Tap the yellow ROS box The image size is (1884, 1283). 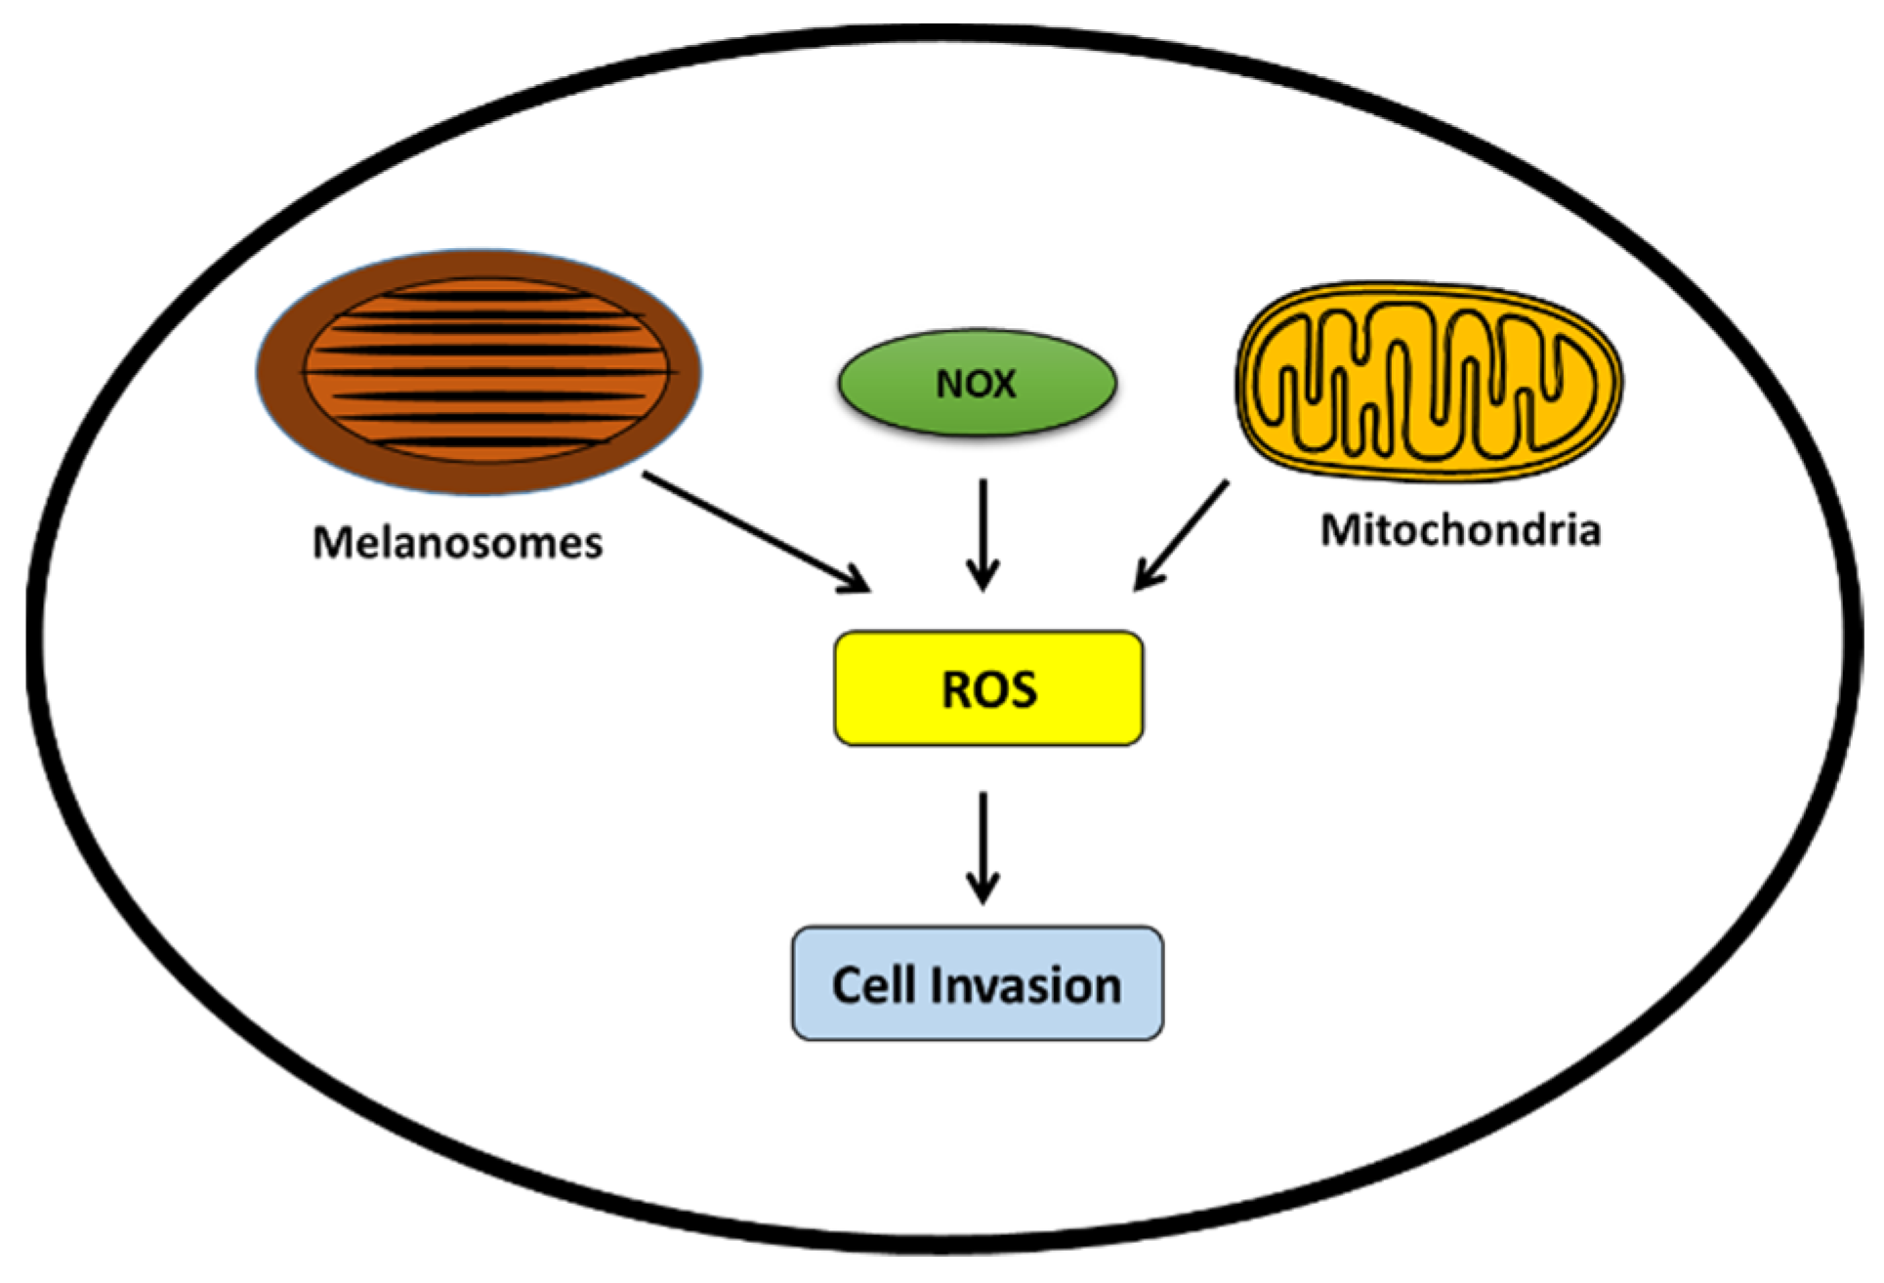click(988, 689)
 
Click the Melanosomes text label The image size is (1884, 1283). click(457, 543)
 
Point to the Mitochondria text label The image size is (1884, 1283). click(1460, 530)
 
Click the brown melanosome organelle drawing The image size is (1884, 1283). click(479, 371)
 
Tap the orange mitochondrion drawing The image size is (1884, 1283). click(1429, 381)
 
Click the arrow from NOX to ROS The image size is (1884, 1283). click(983, 532)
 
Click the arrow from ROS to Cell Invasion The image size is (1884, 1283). click(983, 846)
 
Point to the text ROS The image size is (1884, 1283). click(988, 689)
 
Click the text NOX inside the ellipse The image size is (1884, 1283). click(976, 384)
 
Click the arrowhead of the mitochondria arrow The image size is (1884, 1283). click(1143, 580)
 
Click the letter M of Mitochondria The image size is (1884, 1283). click(1341, 530)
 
